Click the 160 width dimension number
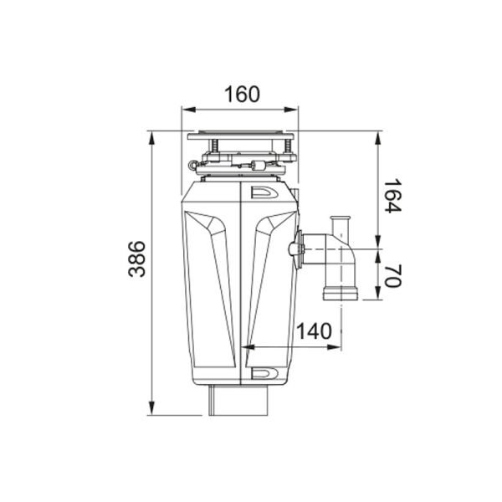pos(242,94)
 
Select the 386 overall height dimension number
pos(136,259)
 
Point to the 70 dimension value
pos(392,273)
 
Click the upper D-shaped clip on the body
pos(264,192)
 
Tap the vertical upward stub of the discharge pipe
pos(341,228)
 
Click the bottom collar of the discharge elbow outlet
pos(339,292)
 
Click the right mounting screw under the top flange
pos(288,149)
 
